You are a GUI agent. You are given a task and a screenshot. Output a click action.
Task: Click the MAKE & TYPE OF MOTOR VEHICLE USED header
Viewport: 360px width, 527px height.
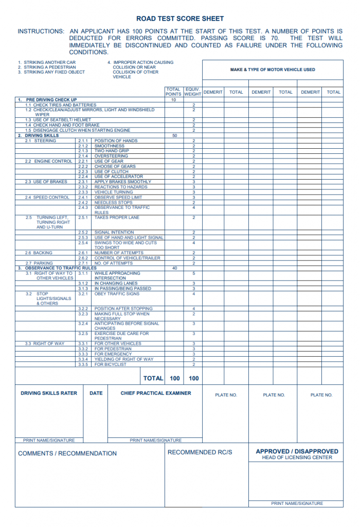273,69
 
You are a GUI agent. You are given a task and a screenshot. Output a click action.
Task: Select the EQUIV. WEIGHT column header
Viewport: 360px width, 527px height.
193,92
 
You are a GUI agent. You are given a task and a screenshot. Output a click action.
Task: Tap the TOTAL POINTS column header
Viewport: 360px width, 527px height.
173,92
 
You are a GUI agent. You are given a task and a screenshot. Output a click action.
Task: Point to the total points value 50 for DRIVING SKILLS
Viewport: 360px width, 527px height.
174,135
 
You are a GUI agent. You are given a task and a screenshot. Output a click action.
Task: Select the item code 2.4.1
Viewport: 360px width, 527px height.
83,197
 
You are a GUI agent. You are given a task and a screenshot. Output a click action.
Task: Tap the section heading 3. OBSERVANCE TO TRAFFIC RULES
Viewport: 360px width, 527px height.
57,268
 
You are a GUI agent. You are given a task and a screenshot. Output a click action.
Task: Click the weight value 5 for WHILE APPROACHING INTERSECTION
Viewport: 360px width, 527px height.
193,273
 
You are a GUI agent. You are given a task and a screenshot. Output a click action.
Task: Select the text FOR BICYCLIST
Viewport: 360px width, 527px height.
111,364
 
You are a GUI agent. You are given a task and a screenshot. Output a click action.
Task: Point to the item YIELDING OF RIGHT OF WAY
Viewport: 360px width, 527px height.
124,359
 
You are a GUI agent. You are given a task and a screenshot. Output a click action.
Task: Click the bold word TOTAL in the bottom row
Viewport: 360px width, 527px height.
153,378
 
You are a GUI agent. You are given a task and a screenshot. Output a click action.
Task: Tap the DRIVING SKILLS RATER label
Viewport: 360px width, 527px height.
49,393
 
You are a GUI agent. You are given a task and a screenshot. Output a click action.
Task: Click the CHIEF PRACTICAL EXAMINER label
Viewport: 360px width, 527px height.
156,393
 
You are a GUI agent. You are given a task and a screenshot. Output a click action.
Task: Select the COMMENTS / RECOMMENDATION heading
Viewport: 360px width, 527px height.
67,453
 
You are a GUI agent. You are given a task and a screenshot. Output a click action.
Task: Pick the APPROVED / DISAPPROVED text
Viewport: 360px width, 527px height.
297,451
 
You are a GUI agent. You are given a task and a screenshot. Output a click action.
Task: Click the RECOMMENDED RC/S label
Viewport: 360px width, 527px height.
200,452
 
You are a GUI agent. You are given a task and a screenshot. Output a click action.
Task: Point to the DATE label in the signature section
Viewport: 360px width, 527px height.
96,393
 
